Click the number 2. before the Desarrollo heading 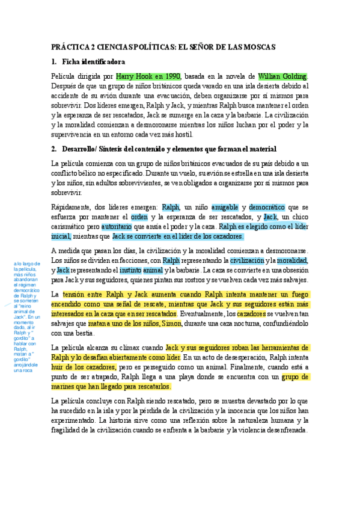point(55,149)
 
